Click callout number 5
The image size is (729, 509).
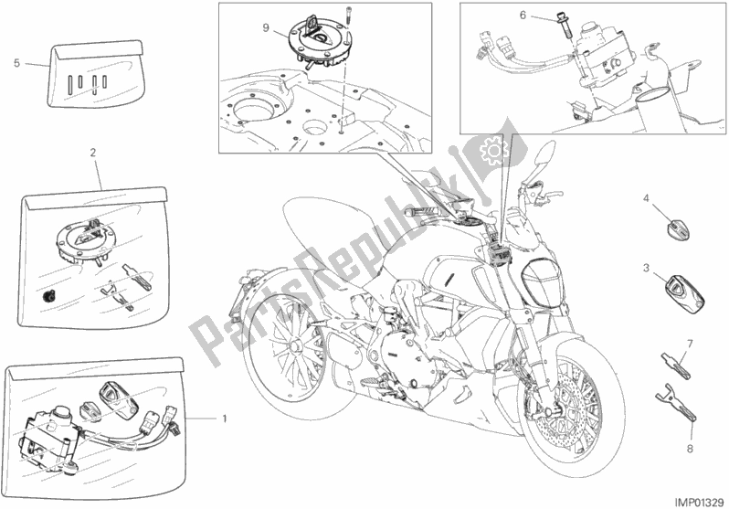tap(16, 63)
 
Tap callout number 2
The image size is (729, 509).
tap(93, 152)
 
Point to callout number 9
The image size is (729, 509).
tap(266, 28)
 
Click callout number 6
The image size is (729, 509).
tap(523, 16)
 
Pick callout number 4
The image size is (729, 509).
tap(646, 198)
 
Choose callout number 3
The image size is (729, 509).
tap(646, 268)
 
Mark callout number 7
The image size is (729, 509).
tap(690, 345)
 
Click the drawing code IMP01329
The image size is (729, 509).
tap(701, 503)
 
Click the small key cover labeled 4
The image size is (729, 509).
tap(679, 228)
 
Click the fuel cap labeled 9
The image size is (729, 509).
tap(319, 43)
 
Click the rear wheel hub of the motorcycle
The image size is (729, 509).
tap(294, 346)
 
